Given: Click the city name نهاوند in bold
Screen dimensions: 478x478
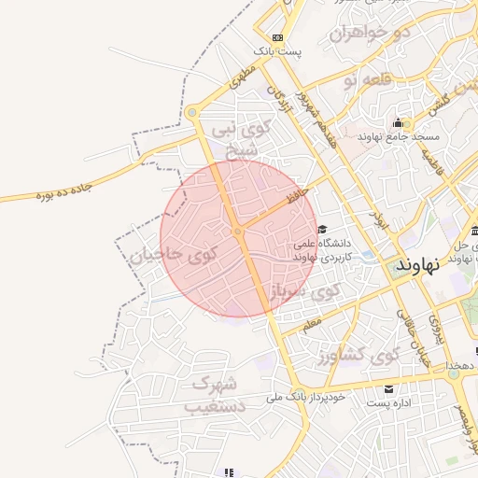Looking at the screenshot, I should pos(416,265).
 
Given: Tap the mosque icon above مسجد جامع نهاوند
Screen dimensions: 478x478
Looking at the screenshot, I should pos(399,123).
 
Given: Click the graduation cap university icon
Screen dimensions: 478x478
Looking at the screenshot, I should pos(322,230).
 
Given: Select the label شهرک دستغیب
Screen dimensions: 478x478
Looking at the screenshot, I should pos(214,395).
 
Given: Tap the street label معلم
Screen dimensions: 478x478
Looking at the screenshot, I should pos(311,324).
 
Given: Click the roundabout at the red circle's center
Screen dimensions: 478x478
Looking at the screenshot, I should pos(238,232).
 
